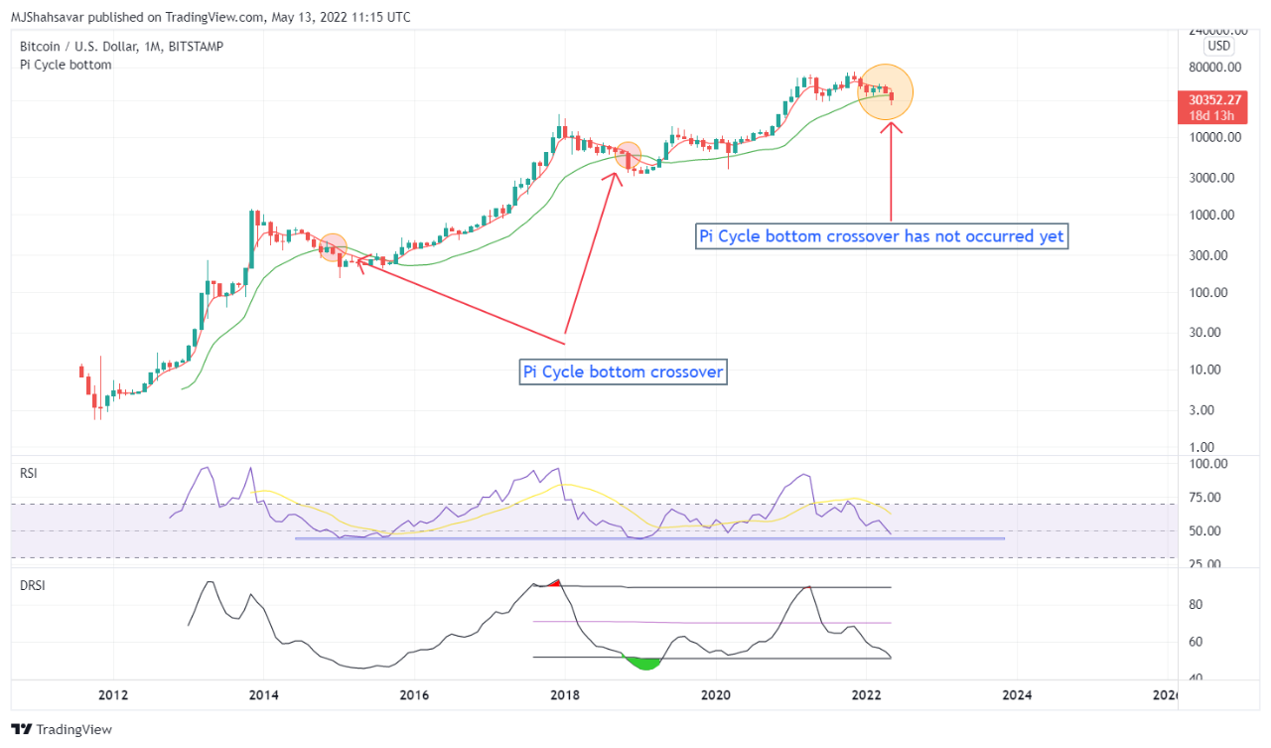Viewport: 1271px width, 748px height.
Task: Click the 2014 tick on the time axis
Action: (262, 694)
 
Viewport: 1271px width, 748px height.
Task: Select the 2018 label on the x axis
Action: (565, 694)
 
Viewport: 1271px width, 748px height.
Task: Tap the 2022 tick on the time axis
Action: (867, 694)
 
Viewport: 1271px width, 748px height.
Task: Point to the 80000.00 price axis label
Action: (1215, 68)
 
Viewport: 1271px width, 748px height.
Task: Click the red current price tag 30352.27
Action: (1213, 99)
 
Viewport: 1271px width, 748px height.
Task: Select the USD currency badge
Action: (1218, 46)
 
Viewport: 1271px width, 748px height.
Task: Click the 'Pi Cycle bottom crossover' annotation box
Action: (624, 373)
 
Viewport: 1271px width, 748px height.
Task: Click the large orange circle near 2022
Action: (885, 91)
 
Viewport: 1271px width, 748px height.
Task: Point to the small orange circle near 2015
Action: (333, 247)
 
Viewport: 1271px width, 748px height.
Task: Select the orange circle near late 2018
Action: (629, 155)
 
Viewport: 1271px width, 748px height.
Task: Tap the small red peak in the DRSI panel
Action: (556, 583)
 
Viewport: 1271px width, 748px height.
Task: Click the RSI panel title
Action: (29, 474)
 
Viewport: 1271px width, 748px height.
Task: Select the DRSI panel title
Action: (33, 585)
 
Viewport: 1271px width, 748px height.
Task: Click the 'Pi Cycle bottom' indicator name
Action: (66, 65)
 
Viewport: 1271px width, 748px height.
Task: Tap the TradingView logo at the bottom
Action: (63, 729)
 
